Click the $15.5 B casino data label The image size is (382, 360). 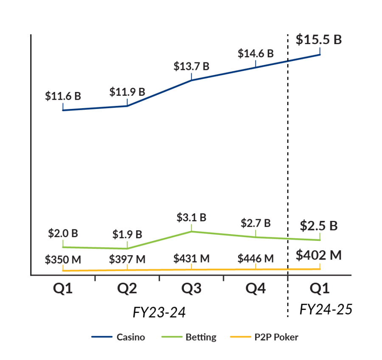tap(319, 39)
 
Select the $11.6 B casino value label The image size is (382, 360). tap(63, 96)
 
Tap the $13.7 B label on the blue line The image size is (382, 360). tap(191, 66)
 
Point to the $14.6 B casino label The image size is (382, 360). tap(256, 54)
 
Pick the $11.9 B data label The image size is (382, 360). tap(127, 92)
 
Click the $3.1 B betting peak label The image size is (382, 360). tap(191, 218)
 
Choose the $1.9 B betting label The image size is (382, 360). tap(127, 234)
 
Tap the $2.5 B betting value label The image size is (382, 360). tap(319, 226)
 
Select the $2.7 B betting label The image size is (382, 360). tap(256, 223)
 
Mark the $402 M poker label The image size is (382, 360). tap(319, 255)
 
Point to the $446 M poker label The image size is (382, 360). tap(256, 258)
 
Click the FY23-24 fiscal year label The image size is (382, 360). tap(160, 313)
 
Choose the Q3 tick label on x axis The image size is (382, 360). tap(191, 289)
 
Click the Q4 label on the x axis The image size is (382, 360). tap(256, 289)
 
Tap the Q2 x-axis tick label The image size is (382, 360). tap(127, 289)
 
